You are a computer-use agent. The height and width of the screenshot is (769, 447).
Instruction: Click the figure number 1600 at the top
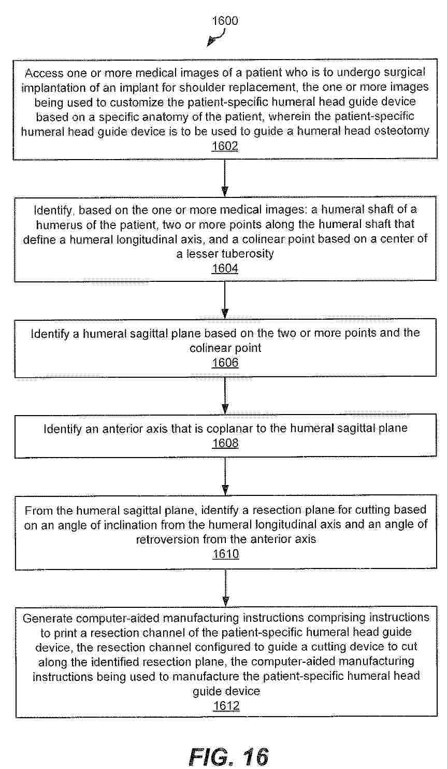(x=225, y=21)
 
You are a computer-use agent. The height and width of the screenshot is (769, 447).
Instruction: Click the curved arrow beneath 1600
(x=217, y=38)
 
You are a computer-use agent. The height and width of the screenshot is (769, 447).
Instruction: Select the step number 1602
(x=225, y=146)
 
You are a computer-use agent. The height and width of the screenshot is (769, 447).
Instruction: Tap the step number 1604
(x=225, y=268)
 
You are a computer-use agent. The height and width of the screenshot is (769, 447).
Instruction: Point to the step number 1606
(x=225, y=363)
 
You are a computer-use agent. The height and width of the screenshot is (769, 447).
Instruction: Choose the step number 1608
(x=225, y=444)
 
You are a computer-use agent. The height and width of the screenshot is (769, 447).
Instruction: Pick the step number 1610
(x=225, y=554)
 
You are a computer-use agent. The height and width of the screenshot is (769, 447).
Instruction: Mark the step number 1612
(x=226, y=706)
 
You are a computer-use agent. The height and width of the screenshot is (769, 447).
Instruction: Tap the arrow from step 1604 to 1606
(x=225, y=301)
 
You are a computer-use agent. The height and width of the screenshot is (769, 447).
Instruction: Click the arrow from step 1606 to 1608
(x=225, y=395)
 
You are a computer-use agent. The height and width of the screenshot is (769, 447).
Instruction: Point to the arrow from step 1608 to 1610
(x=225, y=477)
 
